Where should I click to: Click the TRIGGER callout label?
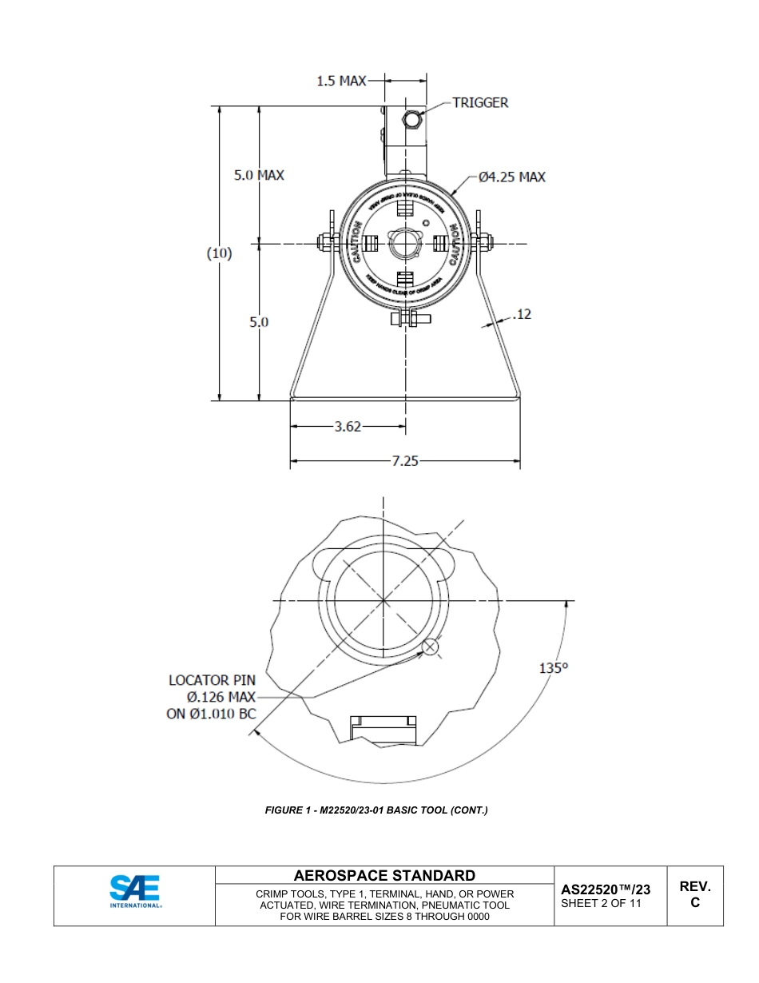pos(479,102)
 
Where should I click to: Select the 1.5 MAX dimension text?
pos(341,81)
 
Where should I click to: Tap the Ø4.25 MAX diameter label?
pos(512,177)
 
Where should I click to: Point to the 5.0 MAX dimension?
pos(258,175)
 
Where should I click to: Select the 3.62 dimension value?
pos(348,427)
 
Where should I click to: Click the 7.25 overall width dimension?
pos(405,461)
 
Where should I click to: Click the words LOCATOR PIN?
pos(212,680)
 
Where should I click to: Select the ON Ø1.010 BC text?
pos(211,714)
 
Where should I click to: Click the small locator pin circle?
pos(431,647)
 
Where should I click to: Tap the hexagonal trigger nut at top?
pos(412,120)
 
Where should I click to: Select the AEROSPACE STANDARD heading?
pos(384,876)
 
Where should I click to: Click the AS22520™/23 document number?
pos(606,889)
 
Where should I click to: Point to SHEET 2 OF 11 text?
pos(601,904)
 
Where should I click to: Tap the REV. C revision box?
pos(694,894)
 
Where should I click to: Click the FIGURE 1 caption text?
pos(376,810)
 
